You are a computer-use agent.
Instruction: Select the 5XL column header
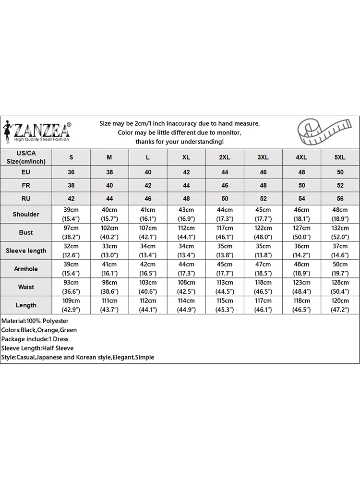[x=340, y=157]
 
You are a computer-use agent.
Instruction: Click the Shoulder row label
[x=26, y=214]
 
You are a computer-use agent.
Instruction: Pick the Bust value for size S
[x=72, y=232]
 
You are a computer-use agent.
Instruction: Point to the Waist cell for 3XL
[x=263, y=287]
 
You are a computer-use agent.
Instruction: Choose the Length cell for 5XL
[x=340, y=305]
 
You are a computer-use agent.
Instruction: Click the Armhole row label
[x=26, y=269]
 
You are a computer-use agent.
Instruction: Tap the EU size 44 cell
[x=225, y=172]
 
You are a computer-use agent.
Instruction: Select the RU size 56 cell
[x=340, y=198]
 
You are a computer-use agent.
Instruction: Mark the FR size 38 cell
[x=72, y=185]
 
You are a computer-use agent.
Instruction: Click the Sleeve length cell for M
[x=109, y=251]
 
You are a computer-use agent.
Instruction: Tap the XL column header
[x=186, y=157]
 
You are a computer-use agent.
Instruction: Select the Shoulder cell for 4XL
[x=301, y=214]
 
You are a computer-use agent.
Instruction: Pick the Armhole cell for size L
[x=148, y=269]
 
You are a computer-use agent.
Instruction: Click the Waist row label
[x=26, y=287]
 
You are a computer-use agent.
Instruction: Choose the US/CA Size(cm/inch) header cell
[x=26, y=157]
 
